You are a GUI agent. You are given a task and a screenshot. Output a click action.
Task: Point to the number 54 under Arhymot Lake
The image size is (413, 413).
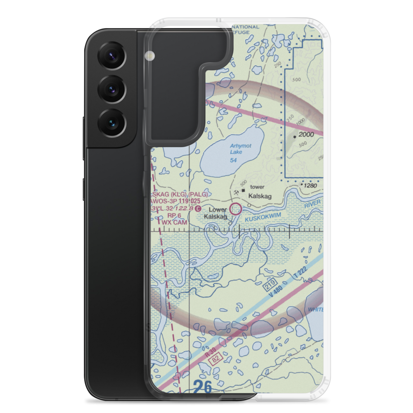tap(234, 160)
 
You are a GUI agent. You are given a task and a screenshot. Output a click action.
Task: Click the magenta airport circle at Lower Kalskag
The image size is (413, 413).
tap(236, 209)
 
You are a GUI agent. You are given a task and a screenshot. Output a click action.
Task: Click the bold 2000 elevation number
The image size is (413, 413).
tap(306, 134)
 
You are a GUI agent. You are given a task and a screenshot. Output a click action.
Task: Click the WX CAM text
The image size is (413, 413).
tap(174, 222)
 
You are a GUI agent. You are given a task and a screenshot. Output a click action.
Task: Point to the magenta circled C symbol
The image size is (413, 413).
tap(199, 209)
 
